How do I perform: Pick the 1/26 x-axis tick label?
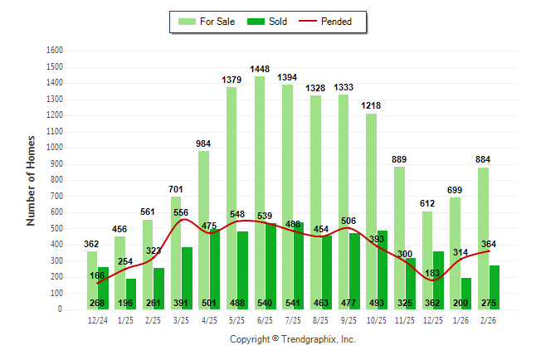[462, 319]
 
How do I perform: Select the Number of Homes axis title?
[31, 180]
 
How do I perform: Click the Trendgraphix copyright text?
[292, 339]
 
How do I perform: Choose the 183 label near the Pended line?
[433, 273]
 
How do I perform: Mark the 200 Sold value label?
[461, 304]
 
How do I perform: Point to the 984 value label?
[203, 144]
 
